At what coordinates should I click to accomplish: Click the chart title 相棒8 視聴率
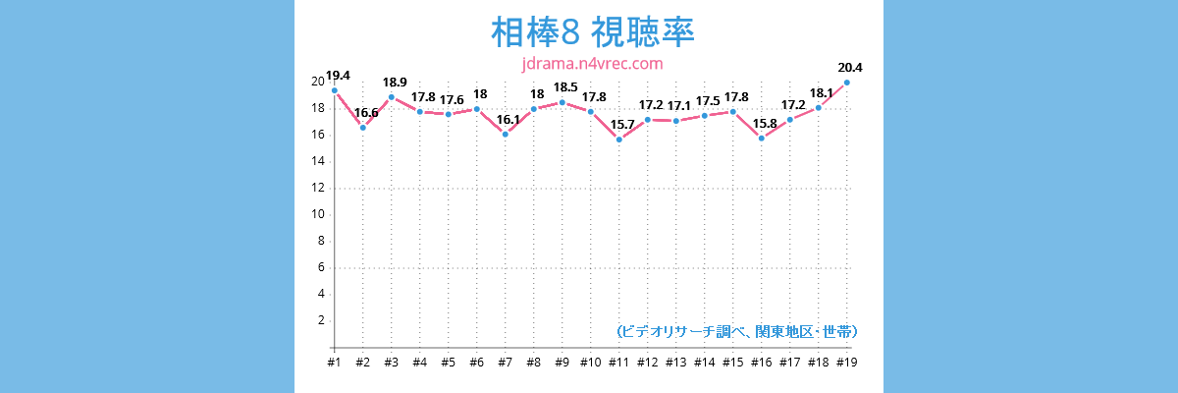[x=592, y=32]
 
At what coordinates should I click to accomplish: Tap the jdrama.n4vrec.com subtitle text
[x=592, y=64]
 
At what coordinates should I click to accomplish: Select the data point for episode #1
[x=335, y=90]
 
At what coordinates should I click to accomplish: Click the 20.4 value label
[x=850, y=68]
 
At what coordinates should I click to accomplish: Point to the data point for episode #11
[x=619, y=140]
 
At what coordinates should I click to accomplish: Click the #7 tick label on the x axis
[x=506, y=363]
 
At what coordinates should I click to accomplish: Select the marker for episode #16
[x=762, y=139]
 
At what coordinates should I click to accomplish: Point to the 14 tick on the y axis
[x=319, y=161]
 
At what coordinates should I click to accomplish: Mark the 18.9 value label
[x=395, y=82]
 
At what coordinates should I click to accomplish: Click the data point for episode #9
[x=562, y=102]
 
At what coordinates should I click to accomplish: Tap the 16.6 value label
[x=366, y=113]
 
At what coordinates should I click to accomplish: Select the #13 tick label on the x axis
[x=676, y=363]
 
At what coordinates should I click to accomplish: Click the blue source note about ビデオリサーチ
[x=736, y=332]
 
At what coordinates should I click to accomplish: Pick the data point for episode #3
[x=392, y=96]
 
